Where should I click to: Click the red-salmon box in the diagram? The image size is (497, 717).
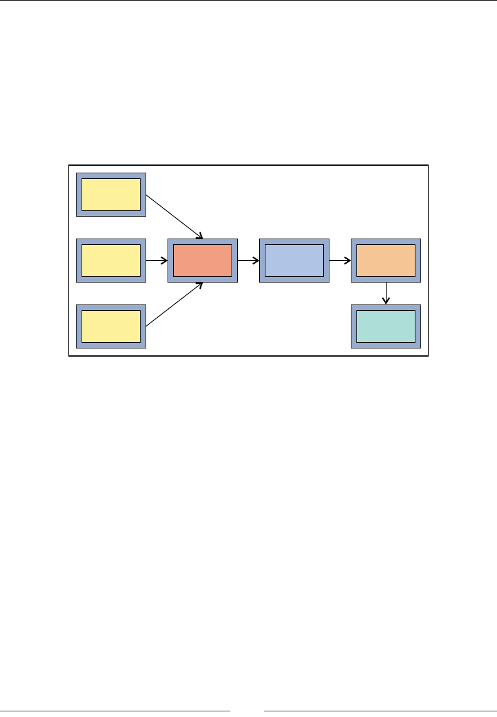point(203,261)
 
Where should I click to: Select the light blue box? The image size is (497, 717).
point(294,261)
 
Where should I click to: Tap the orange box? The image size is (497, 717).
point(386,261)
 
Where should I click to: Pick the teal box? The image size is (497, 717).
point(386,326)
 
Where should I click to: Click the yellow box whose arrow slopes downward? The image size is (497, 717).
point(111,195)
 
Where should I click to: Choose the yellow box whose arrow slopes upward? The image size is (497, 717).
point(111,326)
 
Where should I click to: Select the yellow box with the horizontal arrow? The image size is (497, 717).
point(111,261)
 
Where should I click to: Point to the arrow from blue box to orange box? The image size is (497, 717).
point(339,260)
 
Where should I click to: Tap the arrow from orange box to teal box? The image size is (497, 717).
point(386,293)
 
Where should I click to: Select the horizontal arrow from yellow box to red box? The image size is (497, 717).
point(156,260)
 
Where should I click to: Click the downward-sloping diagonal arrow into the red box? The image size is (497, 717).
point(174,217)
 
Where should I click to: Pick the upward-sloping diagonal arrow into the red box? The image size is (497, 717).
point(174,305)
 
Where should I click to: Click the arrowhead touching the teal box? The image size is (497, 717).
point(386,301)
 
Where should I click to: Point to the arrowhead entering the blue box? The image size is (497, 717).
point(255,260)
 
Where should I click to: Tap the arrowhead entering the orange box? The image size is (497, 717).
point(347,260)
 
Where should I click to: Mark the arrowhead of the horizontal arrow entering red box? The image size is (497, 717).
point(164,260)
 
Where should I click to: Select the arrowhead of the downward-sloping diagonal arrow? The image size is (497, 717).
point(200,236)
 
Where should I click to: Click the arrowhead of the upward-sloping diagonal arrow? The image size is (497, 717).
point(200,285)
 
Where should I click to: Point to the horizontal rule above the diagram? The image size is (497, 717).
point(248,1)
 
